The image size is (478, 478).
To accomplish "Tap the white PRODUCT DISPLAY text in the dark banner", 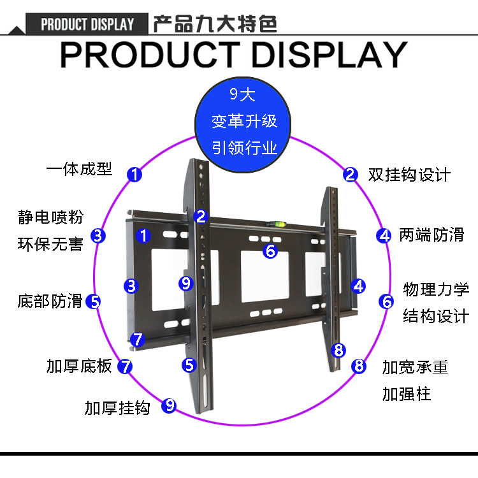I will pos(87,25).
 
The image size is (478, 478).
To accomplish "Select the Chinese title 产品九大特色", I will pos(215,24).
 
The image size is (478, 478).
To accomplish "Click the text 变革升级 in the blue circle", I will pos(245,121).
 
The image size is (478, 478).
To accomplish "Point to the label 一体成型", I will pos(79,169).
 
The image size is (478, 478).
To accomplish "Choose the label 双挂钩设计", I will pos(409,174).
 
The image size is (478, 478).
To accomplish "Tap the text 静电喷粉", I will pos(50,217).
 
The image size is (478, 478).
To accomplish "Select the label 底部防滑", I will pos(50,301).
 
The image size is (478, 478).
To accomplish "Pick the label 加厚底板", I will pos(79,366).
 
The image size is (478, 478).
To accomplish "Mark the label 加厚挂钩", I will pos(117,407).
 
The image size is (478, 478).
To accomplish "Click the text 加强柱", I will pos(407,394).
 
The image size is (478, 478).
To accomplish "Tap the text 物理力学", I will pos(436,290).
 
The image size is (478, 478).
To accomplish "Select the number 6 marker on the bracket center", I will pos(270,251).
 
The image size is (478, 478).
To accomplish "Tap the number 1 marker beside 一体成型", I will pos(134,173).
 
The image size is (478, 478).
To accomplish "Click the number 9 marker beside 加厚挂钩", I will pos(168,405).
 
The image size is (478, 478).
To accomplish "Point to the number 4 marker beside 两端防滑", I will pos(384,235).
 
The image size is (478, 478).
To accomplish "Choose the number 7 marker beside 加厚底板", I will pos(126,366).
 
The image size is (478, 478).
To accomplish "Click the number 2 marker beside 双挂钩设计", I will pos(350,174).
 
